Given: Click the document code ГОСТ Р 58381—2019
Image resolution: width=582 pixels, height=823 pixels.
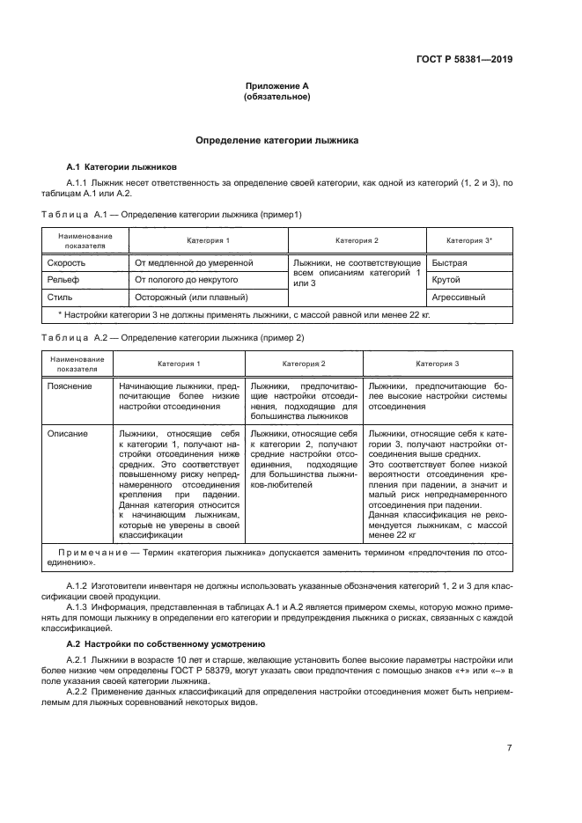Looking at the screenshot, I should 464,60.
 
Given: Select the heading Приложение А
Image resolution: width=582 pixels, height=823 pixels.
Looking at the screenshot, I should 276,86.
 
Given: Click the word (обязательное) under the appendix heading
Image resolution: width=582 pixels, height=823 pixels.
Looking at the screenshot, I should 276,97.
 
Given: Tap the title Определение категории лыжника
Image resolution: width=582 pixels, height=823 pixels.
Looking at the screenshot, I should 276,140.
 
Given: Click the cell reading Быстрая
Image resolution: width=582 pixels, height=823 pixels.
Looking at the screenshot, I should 449,262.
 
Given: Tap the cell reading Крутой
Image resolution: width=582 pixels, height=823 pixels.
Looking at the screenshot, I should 447,279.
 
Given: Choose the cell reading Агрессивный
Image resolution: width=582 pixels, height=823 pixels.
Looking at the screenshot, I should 458,297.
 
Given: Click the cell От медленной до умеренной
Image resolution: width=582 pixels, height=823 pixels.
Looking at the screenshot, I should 194,262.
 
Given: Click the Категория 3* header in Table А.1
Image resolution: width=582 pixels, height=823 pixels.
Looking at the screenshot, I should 469,240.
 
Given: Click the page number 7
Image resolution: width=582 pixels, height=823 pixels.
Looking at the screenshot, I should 510,748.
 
